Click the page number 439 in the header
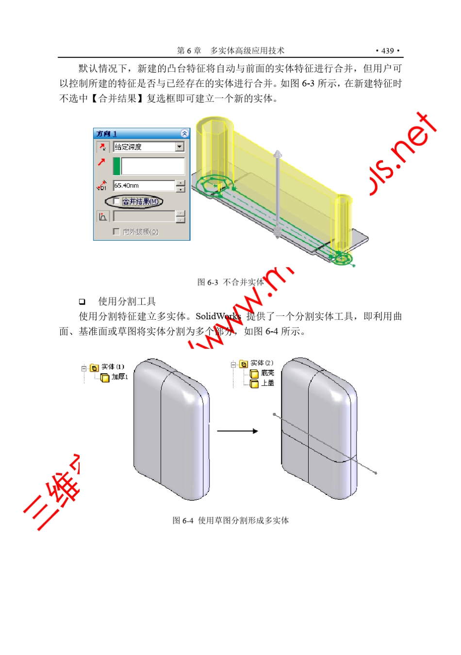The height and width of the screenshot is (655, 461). click(x=388, y=51)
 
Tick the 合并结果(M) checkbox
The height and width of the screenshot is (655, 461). click(x=116, y=201)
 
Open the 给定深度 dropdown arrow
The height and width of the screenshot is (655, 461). click(x=180, y=147)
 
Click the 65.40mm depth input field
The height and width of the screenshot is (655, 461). click(x=144, y=185)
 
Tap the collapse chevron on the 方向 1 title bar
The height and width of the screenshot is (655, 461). click(x=184, y=133)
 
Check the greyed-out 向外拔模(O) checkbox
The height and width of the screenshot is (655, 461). click(x=116, y=232)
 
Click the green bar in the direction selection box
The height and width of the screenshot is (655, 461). click(x=116, y=166)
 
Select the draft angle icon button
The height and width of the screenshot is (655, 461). click(x=102, y=216)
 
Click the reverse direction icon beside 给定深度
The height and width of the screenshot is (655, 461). click(x=102, y=147)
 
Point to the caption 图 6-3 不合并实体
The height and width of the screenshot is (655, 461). click(x=230, y=282)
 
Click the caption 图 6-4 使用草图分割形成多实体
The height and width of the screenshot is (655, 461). click(x=230, y=521)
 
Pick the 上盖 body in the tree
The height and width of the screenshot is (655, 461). click(x=268, y=383)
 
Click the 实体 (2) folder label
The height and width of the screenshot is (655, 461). click(x=262, y=363)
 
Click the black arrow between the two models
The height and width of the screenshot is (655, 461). click(x=237, y=431)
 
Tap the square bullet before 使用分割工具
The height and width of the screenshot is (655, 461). click(x=82, y=302)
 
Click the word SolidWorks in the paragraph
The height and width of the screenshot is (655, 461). click(x=218, y=316)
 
